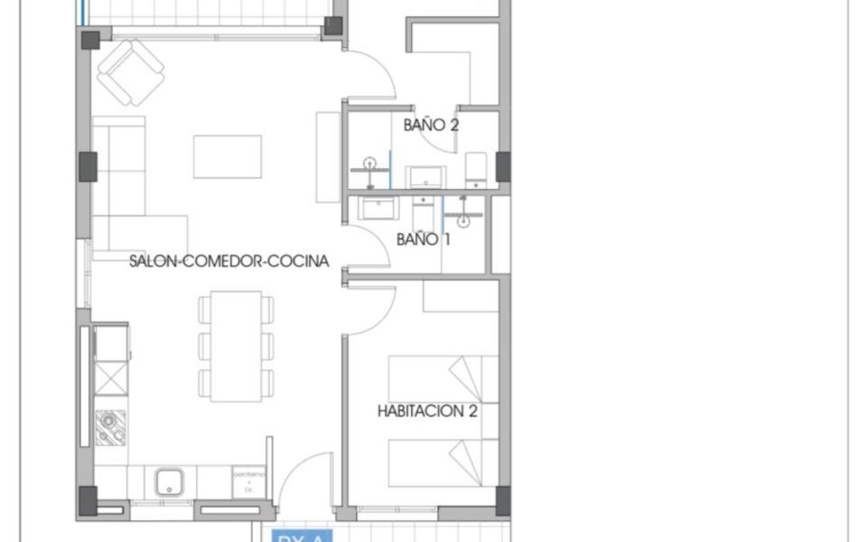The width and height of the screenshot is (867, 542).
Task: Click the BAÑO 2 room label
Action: click(x=430, y=125)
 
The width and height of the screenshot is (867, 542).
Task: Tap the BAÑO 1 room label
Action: click(x=423, y=239)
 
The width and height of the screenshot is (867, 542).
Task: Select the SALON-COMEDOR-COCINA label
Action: click(x=229, y=262)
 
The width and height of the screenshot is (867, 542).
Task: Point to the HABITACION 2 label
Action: click(x=427, y=411)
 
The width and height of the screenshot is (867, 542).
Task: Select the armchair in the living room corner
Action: click(x=131, y=74)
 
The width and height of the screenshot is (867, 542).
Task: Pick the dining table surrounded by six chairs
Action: click(x=236, y=346)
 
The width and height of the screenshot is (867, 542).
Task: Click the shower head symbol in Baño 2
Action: click(x=371, y=164)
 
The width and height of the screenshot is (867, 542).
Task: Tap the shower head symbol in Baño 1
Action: click(x=464, y=220)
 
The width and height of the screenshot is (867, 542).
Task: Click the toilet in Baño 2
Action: click(x=475, y=170)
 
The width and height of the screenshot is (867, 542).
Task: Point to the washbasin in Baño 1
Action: click(x=379, y=208)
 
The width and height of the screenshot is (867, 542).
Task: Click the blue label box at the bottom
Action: click(x=301, y=536)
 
